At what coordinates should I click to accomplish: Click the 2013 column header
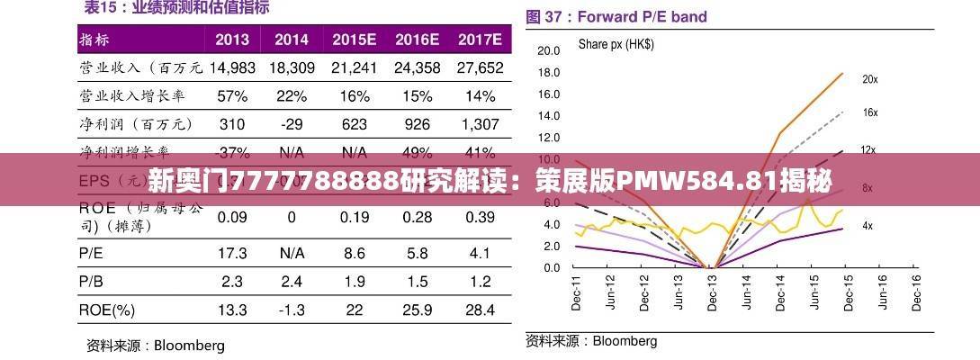click(232, 40)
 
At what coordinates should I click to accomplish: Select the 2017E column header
click(479, 40)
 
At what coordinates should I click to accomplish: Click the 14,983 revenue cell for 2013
click(232, 67)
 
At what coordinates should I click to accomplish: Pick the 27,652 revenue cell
click(479, 67)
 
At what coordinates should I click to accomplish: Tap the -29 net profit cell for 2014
click(292, 123)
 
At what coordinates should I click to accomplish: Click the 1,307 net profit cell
click(479, 123)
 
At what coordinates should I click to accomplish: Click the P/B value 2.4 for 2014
click(292, 282)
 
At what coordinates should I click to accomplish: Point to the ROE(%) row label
click(107, 310)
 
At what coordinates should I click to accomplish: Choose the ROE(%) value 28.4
click(479, 310)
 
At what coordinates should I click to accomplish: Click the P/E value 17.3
click(232, 254)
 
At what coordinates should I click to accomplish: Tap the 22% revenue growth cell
click(292, 95)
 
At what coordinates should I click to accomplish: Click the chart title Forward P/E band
click(642, 16)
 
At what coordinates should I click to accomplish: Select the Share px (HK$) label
click(616, 43)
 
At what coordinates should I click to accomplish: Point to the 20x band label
click(869, 79)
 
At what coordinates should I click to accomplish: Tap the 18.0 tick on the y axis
click(548, 72)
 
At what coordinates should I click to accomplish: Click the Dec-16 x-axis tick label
click(916, 292)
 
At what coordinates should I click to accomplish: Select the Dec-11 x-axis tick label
click(577, 292)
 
